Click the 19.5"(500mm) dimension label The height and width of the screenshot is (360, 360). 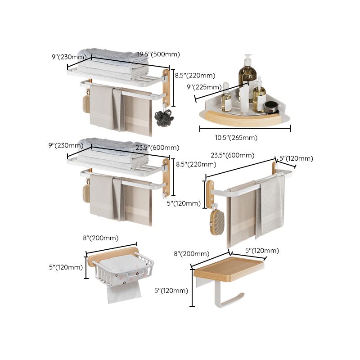(x=158, y=54)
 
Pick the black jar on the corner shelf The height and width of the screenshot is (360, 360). (x=270, y=108)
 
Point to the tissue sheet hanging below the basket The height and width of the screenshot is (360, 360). (x=123, y=292)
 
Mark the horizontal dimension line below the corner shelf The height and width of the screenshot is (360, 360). (x=245, y=129)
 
